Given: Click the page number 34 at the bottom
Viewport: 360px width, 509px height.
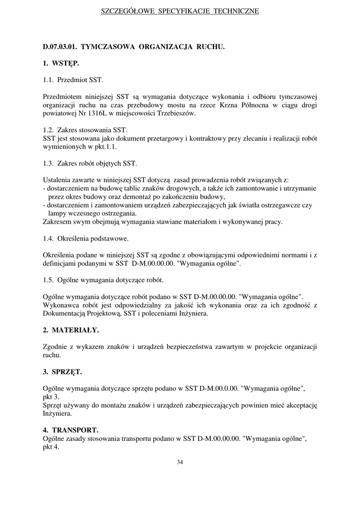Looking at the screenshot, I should click(x=180, y=462).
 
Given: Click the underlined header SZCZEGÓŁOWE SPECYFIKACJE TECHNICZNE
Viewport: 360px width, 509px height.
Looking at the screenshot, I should click(x=180, y=11).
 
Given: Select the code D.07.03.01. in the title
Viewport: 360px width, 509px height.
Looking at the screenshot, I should click(x=60, y=47).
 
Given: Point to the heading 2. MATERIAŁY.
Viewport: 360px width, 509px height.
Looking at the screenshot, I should click(x=71, y=330).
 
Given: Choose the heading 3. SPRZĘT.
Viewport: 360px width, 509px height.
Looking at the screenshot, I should click(x=62, y=371).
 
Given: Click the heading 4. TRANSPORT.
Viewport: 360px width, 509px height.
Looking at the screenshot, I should click(x=70, y=429).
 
